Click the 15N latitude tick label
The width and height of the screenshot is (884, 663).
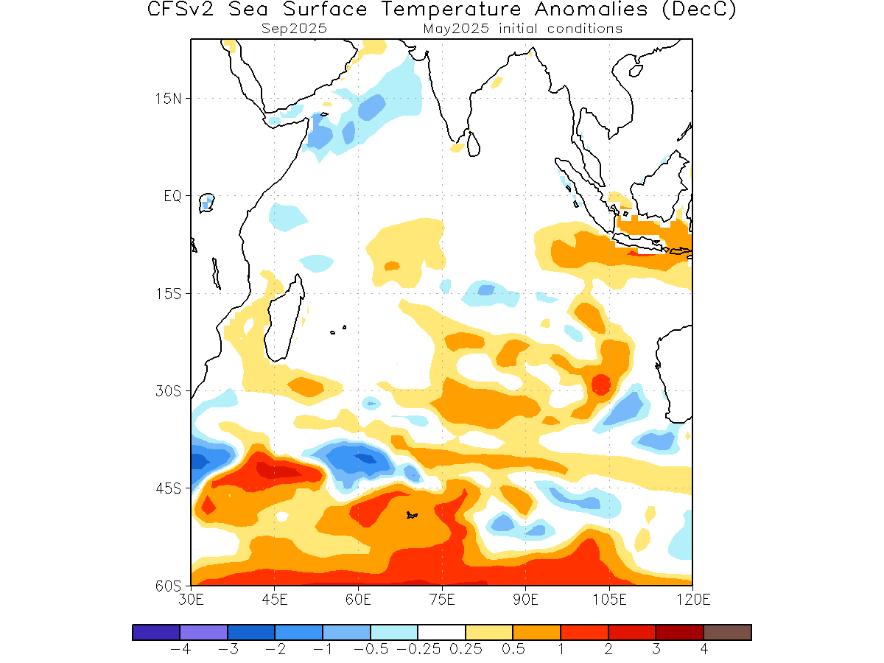[x=169, y=99]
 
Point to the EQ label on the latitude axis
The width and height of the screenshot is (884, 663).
[x=173, y=197]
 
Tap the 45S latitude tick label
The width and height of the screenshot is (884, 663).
[x=169, y=489]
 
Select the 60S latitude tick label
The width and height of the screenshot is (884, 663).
[x=169, y=586]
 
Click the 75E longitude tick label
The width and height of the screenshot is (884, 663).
[x=442, y=600]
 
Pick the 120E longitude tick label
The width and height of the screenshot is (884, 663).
[x=693, y=600]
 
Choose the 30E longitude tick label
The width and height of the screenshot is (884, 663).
[x=191, y=600]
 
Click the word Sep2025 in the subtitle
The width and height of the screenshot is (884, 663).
[x=294, y=29]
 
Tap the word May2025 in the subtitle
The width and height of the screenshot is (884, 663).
[x=456, y=29]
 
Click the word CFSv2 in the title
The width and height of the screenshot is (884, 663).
[x=180, y=9]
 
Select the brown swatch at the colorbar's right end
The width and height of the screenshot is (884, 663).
[x=728, y=632]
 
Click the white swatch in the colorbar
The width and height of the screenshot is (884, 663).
[x=442, y=632]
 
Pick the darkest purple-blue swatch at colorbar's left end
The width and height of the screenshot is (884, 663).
[x=156, y=632]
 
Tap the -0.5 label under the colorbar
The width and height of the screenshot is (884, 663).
[x=371, y=649]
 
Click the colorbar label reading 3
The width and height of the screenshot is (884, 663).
[x=656, y=649]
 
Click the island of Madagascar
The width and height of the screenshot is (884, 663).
[x=284, y=318]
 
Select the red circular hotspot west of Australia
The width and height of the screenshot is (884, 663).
[x=601, y=385]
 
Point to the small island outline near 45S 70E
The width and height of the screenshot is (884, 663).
[x=412, y=515]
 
